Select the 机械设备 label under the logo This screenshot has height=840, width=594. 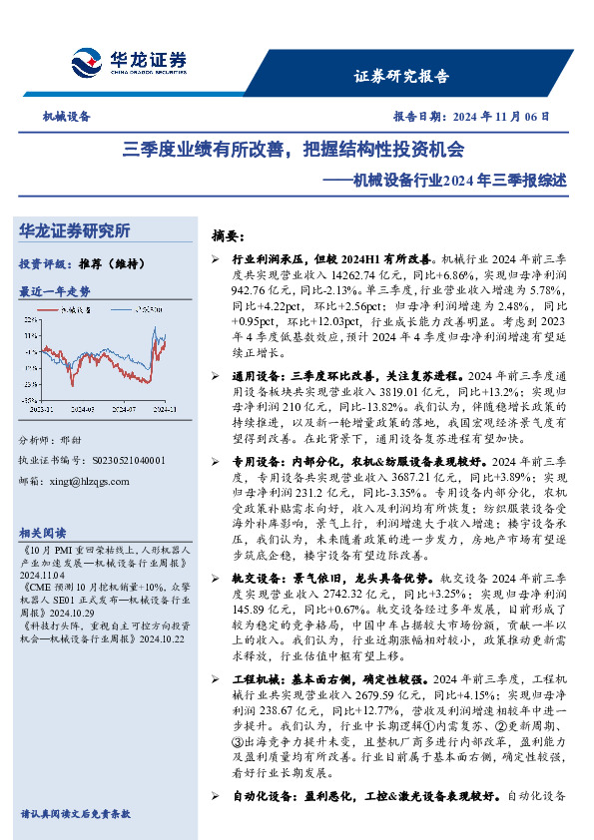[67, 116]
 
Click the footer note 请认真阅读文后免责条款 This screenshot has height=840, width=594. [75, 814]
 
